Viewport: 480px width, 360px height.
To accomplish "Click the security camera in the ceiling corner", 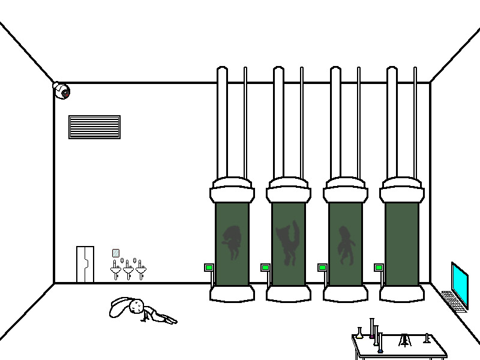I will tap(62, 91).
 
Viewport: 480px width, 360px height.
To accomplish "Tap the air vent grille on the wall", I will tap(94, 127).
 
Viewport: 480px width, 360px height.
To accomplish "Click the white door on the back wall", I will tap(85, 264).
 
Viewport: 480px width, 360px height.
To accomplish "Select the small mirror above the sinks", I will tap(116, 253).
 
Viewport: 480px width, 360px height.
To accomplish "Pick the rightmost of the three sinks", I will tap(141, 271).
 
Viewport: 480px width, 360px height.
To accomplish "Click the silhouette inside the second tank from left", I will tap(289, 243).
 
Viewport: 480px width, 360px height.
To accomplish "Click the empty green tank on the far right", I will tap(401, 243).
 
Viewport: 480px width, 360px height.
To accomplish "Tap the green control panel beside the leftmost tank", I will tap(209, 268).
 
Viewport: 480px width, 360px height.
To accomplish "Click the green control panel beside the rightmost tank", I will tap(379, 268).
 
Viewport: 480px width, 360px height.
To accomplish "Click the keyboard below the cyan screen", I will tap(453, 301).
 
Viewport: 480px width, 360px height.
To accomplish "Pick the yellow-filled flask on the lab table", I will tap(359, 334).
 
